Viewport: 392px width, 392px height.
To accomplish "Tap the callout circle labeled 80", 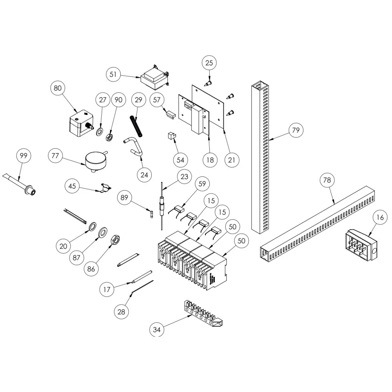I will point(58,88).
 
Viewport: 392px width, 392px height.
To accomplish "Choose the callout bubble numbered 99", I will point(24,156).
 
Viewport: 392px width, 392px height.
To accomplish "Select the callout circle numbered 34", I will point(157,329).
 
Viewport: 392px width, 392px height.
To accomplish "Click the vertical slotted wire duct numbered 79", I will point(260,157).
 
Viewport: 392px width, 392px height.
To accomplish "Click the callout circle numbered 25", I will point(209,63).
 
